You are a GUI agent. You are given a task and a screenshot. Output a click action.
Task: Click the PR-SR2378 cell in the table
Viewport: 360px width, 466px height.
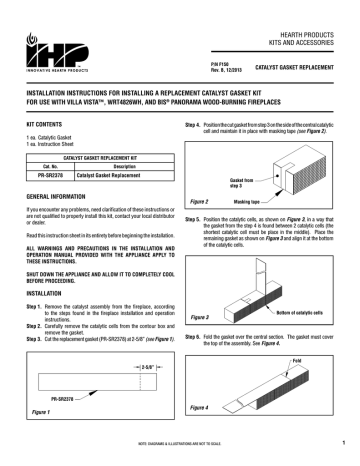(43, 173)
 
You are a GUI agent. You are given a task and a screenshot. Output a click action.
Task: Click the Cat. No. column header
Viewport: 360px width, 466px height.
(43, 165)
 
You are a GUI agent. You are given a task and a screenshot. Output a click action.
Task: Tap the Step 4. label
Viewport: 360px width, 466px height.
(197, 125)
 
